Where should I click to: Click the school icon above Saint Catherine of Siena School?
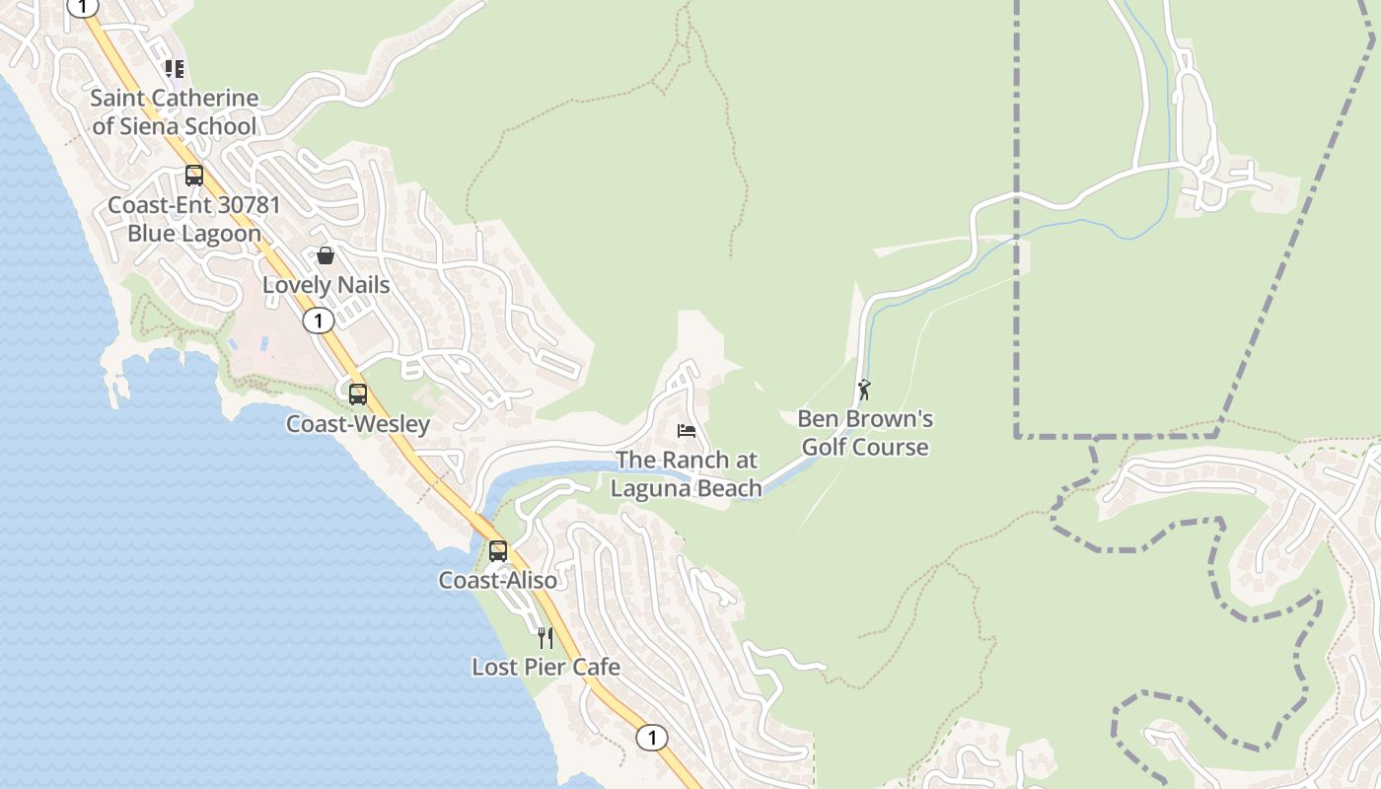[175, 69]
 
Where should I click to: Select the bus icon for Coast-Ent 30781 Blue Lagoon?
[194, 176]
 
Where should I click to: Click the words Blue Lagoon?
[194, 234]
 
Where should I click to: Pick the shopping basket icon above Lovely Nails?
[326, 256]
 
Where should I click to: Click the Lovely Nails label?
[326, 285]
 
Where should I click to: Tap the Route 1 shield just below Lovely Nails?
[318, 321]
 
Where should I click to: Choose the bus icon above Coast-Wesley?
[358, 394]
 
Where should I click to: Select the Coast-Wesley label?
[358, 424]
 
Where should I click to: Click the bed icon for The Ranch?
[687, 431]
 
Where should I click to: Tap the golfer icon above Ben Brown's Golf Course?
[865, 390]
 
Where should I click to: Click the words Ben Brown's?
[865, 419]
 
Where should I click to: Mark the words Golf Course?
[865, 448]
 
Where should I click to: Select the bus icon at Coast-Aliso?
[498, 550]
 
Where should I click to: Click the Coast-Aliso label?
[498, 580]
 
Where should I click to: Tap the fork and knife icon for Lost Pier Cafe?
[545, 638]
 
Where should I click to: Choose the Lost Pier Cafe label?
[545, 668]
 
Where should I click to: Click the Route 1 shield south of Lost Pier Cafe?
[651, 737]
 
